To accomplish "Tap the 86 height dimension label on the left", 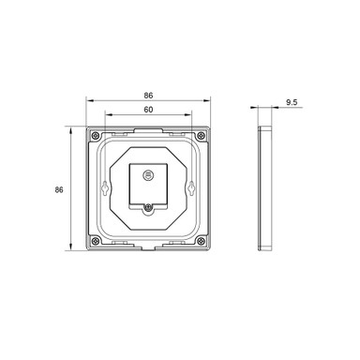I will coord(59,189).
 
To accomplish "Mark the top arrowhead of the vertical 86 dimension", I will coord(71,128).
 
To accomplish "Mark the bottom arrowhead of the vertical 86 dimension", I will coord(71,249).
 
